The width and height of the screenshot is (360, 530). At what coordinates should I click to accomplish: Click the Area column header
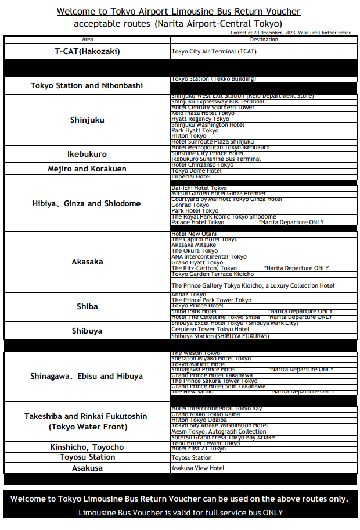87,40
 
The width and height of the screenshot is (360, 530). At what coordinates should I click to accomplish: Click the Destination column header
264,40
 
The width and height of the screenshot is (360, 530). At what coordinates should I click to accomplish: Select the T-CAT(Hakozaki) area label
87,51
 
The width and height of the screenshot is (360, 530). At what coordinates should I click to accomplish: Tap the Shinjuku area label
87,120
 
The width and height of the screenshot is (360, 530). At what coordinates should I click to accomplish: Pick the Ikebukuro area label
87,154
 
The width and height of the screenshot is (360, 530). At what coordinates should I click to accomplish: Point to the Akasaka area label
87,262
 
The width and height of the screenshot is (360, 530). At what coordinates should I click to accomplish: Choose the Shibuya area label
87,331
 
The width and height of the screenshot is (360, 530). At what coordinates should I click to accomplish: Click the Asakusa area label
87,467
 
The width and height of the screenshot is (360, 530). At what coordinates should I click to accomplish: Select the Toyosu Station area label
87,457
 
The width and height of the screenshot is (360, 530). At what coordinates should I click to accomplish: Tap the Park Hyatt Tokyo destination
195,131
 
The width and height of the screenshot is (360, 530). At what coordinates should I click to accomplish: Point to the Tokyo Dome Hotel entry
196,171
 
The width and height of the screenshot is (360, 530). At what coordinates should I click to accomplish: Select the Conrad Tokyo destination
190,205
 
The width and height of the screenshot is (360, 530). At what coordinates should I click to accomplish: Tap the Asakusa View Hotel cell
197,468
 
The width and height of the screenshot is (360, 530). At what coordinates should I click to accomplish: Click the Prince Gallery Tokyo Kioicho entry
253,285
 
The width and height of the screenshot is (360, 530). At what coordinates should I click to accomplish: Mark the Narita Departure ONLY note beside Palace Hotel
291,223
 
